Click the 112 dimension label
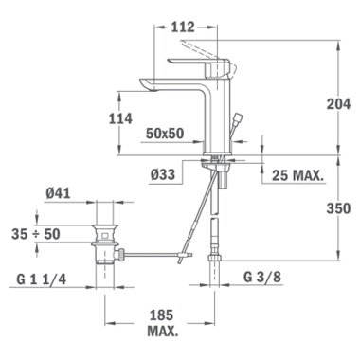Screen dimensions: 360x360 183,27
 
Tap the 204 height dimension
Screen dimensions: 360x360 338,103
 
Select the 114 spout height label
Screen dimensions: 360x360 120,118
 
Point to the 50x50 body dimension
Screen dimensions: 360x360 165,134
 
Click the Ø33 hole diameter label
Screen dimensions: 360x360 163,174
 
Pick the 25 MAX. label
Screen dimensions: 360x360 298,175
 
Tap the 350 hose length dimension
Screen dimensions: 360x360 338,208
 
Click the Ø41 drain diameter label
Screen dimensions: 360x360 58,193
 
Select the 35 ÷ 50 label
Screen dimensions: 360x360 36,234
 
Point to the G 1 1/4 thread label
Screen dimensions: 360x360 42,279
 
